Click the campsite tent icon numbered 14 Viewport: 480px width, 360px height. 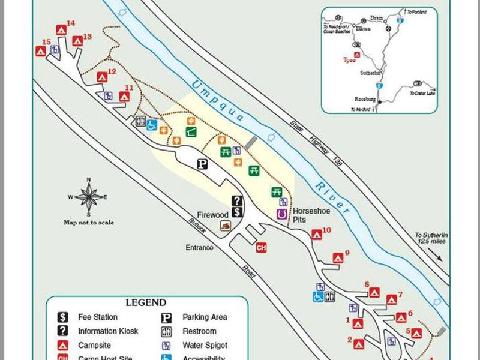pyautogui.click(x=61, y=29)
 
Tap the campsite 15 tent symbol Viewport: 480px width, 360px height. pyautogui.click(x=41, y=51)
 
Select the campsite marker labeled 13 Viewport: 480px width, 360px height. pyautogui.click(x=77, y=41)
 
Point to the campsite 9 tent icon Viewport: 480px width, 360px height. pyautogui.click(x=338, y=258)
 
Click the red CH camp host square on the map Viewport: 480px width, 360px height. pyautogui.click(x=261, y=247)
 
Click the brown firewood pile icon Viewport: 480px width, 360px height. pyautogui.click(x=226, y=225)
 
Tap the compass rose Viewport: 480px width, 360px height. pyautogui.click(x=89, y=196)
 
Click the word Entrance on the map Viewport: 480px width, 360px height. pyautogui.click(x=200, y=247)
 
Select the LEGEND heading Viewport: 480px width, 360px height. pyautogui.click(x=146, y=302)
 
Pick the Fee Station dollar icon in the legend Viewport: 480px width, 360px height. pyautogui.click(x=62, y=317)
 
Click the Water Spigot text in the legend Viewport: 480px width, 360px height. pyautogui.click(x=205, y=346)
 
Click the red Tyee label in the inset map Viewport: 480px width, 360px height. pyautogui.click(x=349, y=60)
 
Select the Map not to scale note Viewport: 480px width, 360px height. pyautogui.click(x=89, y=223)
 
